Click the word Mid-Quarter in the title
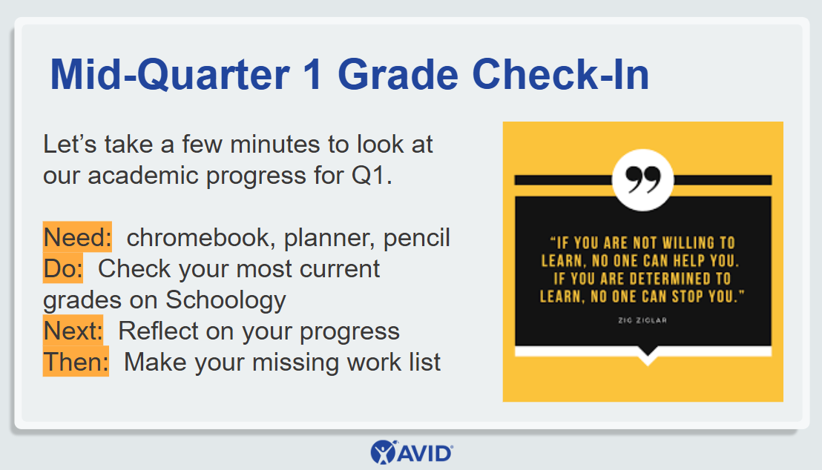pos(169,74)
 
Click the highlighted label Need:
pos(77,236)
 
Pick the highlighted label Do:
pos(63,268)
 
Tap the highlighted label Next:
pos(73,330)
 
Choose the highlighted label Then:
pos(76,361)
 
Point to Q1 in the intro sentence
pos(371,176)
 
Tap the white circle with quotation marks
pos(642,180)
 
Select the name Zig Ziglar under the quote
pos(642,320)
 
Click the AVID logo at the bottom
pos(412,452)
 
